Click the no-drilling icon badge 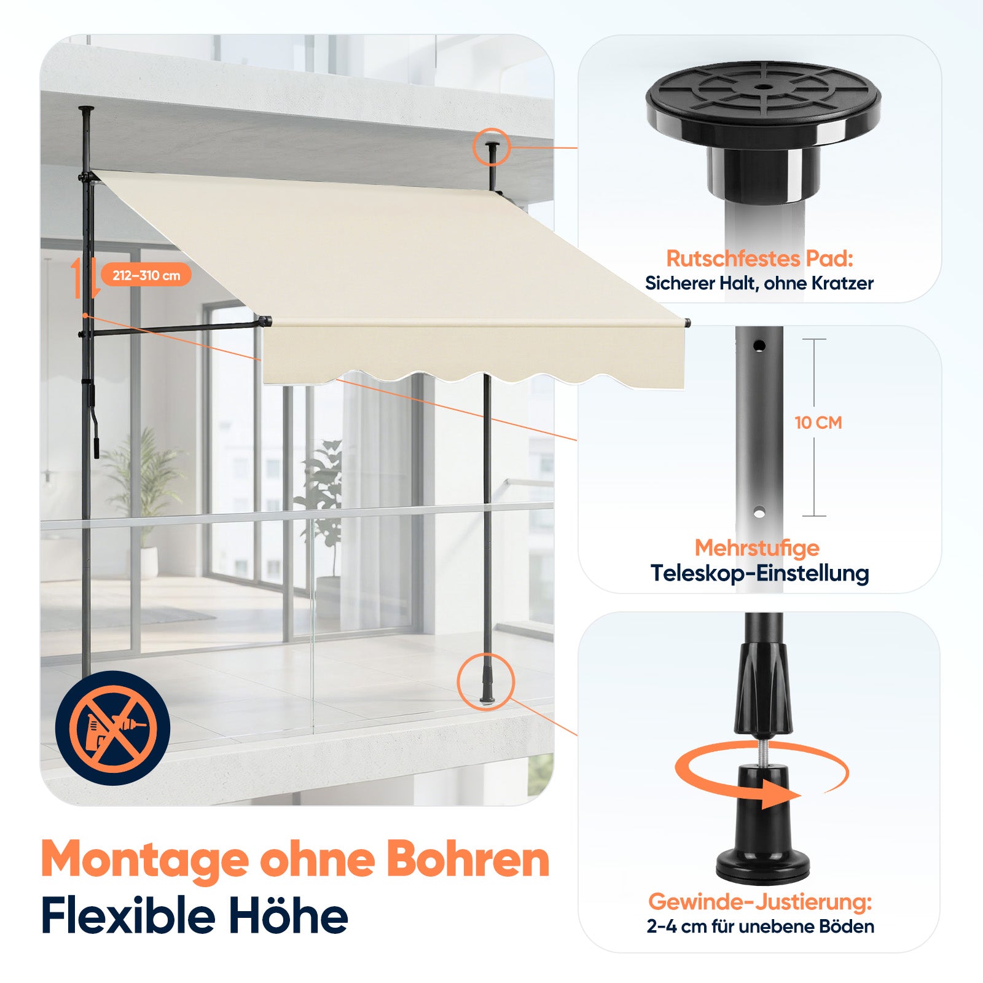(112, 728)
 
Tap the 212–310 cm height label (146, 275)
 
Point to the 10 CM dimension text (818, 423)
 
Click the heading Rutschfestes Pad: (760, 259)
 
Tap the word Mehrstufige (758, 547)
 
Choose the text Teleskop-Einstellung (760, 573)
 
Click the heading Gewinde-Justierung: (760, 902)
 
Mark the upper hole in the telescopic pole (760, 346)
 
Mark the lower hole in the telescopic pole (759, 512)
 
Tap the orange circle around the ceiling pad (491, 147)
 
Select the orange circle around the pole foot (486, 681)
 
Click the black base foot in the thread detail (763, 823)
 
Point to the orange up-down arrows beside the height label (85, 278)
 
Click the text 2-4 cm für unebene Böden (760, 926)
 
